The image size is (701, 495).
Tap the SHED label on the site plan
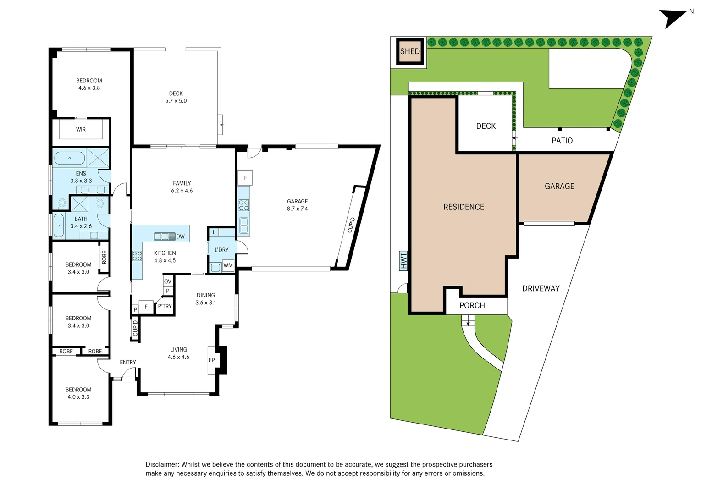click(409, 51)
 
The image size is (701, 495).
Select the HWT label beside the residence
click(403, 261)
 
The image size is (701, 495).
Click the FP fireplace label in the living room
click(211, 360)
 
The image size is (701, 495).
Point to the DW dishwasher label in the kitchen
click(180, 236)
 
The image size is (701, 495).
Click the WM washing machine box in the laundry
click(228, 265)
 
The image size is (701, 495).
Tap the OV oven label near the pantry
click(168, 281)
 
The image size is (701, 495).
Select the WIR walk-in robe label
click(81, 130)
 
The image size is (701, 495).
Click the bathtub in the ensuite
click(69, 159)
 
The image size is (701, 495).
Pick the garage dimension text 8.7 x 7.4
click(297, 209)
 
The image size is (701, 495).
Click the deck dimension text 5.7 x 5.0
click(176, 101)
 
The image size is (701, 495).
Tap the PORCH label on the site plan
click(472, 306)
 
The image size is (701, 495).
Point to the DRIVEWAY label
click(541, 288)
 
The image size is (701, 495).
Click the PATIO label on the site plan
click(562, 141)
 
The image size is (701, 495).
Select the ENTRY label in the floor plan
click(128, 362)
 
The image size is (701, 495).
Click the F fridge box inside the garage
click(245, 178)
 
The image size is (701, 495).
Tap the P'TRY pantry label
click(165, 306)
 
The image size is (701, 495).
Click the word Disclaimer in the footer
click(162, 464)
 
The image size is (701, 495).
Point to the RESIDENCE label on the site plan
click(464, 207)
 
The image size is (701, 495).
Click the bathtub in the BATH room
click(59, 225)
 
